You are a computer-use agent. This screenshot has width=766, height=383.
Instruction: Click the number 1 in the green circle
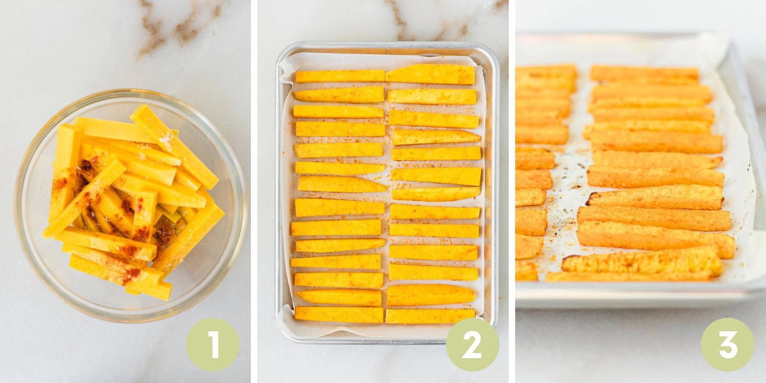click(213, 345)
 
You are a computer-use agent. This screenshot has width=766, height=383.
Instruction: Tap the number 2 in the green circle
click(472, 345)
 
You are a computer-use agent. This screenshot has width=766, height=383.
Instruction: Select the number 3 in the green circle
click(727, 345)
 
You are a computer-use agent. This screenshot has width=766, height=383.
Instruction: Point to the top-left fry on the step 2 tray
click(339, 76)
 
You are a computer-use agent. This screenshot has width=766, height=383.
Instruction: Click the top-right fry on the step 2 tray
click(431, 74)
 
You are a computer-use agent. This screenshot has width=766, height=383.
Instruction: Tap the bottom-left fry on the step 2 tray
click(338, 314)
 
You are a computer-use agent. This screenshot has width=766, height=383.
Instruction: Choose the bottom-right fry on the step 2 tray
click(430, 316)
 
